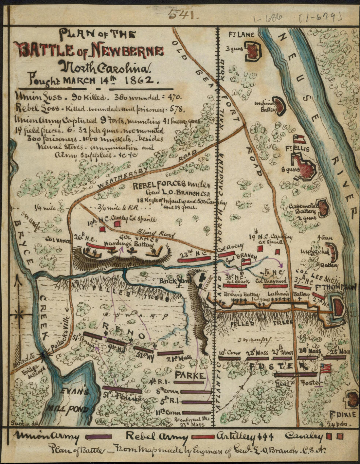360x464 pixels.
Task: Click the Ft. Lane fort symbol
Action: point(253,51)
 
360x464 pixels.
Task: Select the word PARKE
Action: point(191,375)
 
